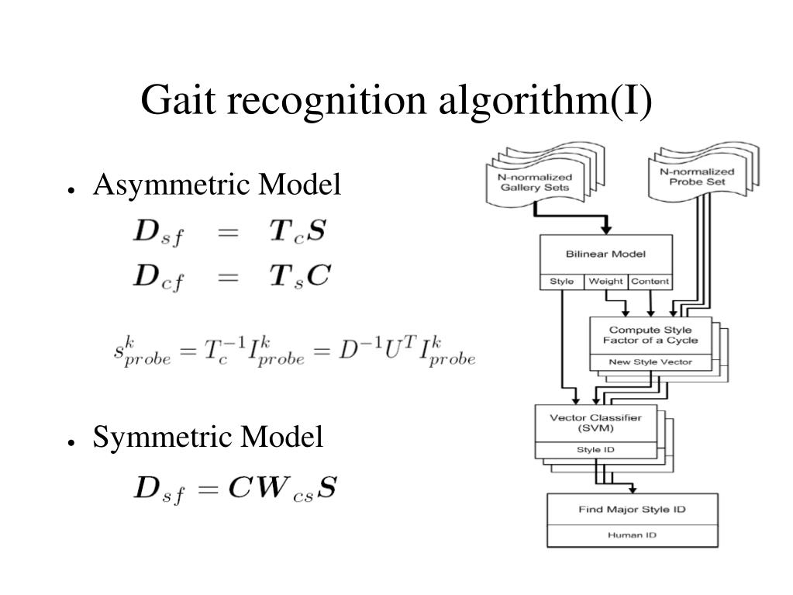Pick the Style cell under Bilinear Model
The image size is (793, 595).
coord(561,282)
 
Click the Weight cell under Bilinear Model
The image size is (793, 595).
coord(605,282)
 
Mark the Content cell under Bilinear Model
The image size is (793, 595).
coord(650,282)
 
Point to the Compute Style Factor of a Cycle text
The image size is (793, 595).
coord(650,335)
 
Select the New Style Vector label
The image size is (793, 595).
coord(650,362)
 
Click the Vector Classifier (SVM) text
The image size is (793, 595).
coord(595,423)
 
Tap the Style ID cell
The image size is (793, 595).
coord(595,449)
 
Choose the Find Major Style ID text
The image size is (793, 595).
coord(632,510)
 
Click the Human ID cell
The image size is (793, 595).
coord(632,535)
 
